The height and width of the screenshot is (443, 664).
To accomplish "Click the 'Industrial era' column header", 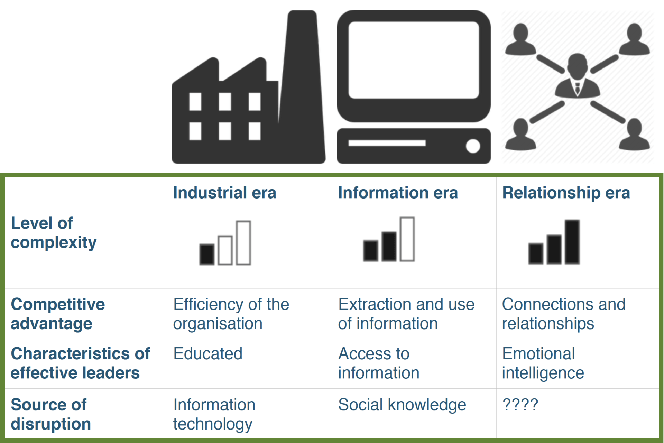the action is (x=224, y=193).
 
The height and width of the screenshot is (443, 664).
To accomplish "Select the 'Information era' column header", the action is (x=398, y=193).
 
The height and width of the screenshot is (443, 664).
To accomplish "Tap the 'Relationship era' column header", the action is (x=566, y=193).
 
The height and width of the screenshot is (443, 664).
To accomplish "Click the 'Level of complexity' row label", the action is (x=54, y=233).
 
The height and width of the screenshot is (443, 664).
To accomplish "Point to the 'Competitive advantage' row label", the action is (x=58, y=314).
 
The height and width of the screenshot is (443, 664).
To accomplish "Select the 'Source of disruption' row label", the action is (x=51, y=414).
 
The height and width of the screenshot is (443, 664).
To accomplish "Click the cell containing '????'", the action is (x=520, y=404).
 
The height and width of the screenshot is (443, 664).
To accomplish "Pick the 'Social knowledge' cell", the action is (x=402, y=405).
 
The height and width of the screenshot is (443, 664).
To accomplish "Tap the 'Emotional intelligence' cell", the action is (x=543, y=363).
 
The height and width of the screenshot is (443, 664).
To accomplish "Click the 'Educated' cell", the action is (x=208, y=353).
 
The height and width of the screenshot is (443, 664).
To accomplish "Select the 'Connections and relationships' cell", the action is (x=564, y=314).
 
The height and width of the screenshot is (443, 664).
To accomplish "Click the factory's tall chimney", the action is (x=302, y=83).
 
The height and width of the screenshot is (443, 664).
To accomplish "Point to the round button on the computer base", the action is (x=473, y=146).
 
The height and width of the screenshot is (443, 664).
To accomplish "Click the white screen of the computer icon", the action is (x=414, y=60).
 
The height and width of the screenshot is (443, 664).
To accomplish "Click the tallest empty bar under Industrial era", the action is (x=243, y=243).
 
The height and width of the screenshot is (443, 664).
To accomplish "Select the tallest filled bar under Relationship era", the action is (x=572, y=242).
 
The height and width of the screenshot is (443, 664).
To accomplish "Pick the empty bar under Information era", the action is (x=407, y=239).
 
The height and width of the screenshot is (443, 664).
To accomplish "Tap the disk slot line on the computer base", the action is (x=387, y=143).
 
